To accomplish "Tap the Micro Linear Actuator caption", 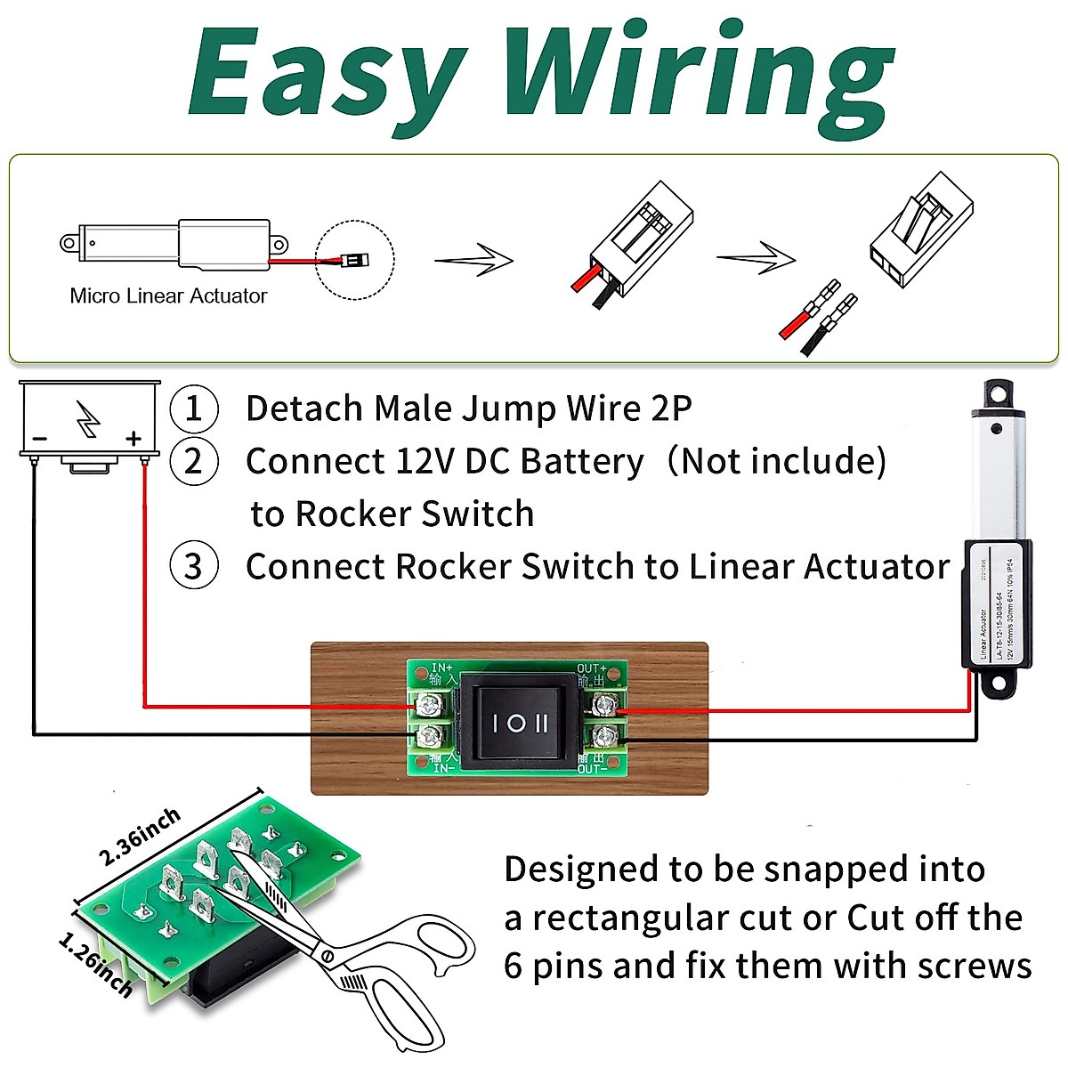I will (168, 296).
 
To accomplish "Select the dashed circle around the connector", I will (355, 260).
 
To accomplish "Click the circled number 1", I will (193, 409).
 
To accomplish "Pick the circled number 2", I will (193, 462).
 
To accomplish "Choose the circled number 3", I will (193, 567).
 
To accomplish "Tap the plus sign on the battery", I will (133, 438).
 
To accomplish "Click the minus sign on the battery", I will (40, 439).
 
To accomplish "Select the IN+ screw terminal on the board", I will (430, 707).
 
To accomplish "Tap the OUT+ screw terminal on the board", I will (605, 707).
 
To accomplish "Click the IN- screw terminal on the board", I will (430, 736).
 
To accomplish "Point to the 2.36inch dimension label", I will (140, 836).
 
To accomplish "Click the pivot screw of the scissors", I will (327, 957).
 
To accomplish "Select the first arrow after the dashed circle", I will (473, 261).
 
